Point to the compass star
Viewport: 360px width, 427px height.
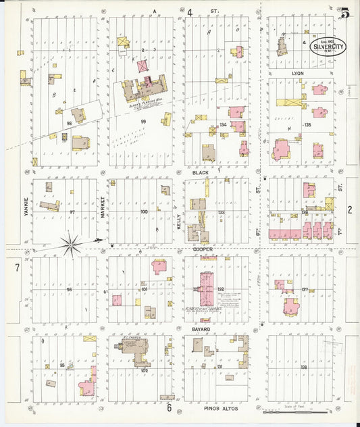click(x=72, y=241)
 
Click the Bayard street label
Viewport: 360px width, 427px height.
click(x=201, y=329)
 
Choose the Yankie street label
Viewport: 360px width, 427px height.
click(x=26, y=207)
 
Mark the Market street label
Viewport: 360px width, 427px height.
click(x=103, y=207)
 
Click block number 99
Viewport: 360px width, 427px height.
click(x=143, y=122)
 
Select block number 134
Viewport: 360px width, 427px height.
click(x=224, y=124)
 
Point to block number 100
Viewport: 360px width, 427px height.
click(x=143, y=212)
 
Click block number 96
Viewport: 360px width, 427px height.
click(x=68, y=289)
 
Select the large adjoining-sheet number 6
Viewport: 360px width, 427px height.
click(x=169, y=407)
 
